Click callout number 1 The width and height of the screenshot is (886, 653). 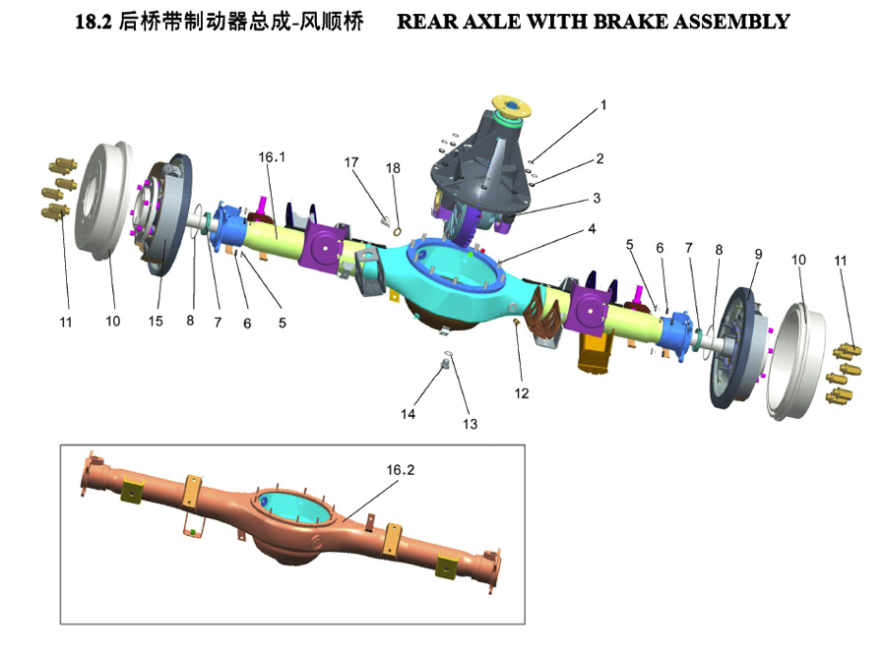click(x=603, y=104)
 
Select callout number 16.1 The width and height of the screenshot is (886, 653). click(x=272, y=156)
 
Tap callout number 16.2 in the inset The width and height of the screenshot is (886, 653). click(x=400, y=470)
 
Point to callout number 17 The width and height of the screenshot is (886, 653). click(x=351, y=162)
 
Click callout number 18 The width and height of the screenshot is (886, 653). click(x=393, y=168)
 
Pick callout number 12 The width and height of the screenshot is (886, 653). click(x=521, y=393)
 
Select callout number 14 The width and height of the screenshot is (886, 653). click(x=408, y=414)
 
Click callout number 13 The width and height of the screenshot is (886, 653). click(x=470, y=424)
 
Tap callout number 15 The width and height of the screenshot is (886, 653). click(x=155, y=322)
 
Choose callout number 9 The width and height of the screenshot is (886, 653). click(x=758, y=254)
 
